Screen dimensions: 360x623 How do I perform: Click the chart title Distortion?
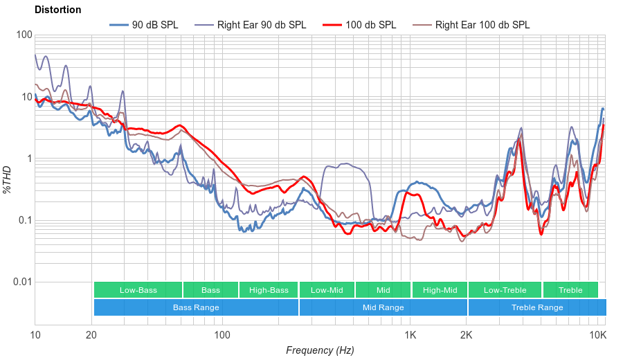tap(57, 10)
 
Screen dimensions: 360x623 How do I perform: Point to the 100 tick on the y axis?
tap(24, 35)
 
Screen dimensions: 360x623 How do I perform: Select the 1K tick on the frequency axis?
tap(410, 335)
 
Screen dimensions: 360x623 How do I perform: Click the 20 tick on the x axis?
tap(91, 335)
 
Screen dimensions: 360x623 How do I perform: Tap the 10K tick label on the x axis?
tap(597, 335)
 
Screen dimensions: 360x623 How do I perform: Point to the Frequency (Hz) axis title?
tap(320, 350)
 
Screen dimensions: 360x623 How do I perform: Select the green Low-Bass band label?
tap(138, 290)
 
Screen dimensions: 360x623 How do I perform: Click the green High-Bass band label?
tap(269, 290)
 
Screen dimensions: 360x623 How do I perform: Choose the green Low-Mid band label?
tap(327, 290)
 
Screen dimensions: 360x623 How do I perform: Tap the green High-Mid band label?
tap(440, 290)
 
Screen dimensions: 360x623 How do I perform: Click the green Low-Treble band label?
tap(505, 290)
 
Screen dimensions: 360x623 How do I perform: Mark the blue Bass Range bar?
tap(196, 307)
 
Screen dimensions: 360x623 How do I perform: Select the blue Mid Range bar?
tap(383, 307)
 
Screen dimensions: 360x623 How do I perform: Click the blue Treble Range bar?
tap(536, 307)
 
